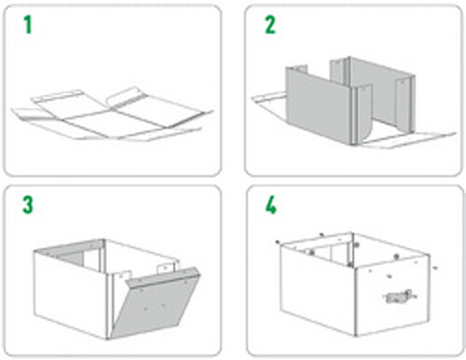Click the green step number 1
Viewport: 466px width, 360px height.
click(28, 25)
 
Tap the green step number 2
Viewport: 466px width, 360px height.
click(270, 25)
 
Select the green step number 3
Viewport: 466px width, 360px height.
click(28, 205)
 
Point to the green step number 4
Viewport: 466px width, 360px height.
click(270, 205)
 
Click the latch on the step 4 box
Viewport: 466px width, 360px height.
click(400, 297)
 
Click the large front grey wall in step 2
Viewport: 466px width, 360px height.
click(319, 104)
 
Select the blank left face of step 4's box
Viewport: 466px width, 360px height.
click(317, 291)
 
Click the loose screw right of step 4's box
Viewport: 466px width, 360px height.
click(435, 267)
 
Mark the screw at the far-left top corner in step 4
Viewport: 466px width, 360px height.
click(278, 242)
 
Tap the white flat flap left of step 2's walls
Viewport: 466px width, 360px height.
click(268, 100)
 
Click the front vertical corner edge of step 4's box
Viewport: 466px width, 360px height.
click(355, 301)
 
